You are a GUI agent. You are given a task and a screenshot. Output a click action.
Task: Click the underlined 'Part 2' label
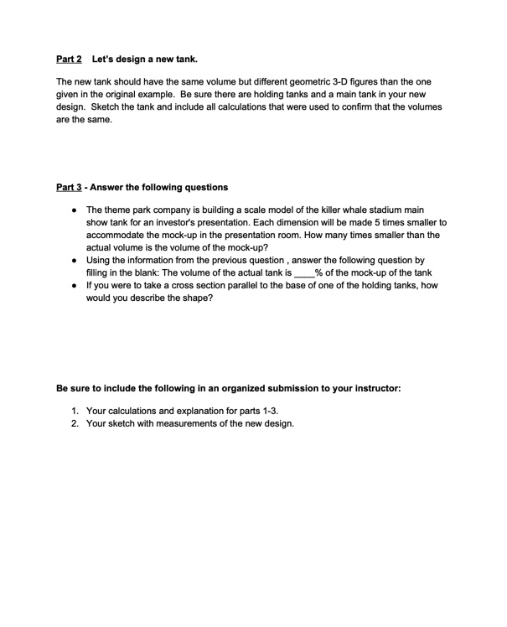[x=68, y=60]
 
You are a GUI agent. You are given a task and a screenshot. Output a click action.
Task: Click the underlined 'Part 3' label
[x=68, y=186]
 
